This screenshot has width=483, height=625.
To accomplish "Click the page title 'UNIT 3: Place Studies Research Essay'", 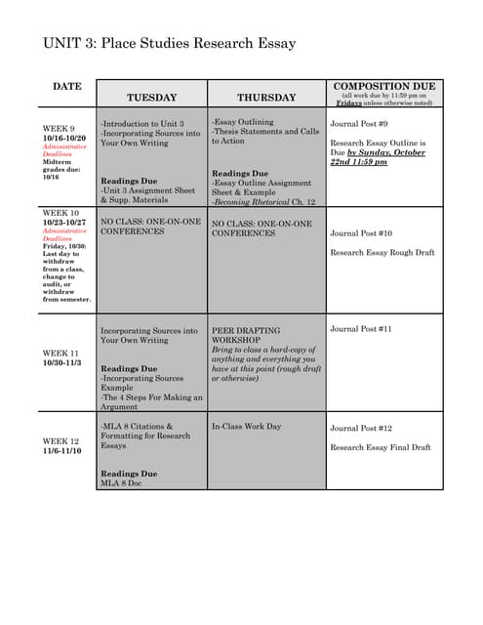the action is click(169, 44).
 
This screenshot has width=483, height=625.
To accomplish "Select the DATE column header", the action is click(66, 88).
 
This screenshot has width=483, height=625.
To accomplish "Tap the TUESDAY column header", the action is click(151, 98).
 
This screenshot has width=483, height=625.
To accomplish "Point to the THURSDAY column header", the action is click(266, 98).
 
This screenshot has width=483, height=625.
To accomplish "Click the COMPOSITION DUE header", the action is click(383, 86).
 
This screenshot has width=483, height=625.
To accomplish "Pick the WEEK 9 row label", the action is click(57, 128).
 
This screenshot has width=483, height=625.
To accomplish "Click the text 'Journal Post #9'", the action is click(359, 125).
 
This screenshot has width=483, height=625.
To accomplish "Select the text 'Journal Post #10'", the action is click(361, 233).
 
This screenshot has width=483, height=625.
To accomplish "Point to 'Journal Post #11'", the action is click(361, 329).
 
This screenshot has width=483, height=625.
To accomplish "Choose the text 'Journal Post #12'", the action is click(361, 429).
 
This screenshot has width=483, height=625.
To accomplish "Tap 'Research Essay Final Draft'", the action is click(380, 447).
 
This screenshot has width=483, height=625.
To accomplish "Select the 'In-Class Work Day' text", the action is click(246, 427).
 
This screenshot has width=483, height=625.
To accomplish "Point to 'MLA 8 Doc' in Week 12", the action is click(121, 482).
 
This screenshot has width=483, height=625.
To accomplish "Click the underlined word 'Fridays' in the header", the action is click(350, 103).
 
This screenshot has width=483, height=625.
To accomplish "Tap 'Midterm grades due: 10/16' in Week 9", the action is click(59, 170).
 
